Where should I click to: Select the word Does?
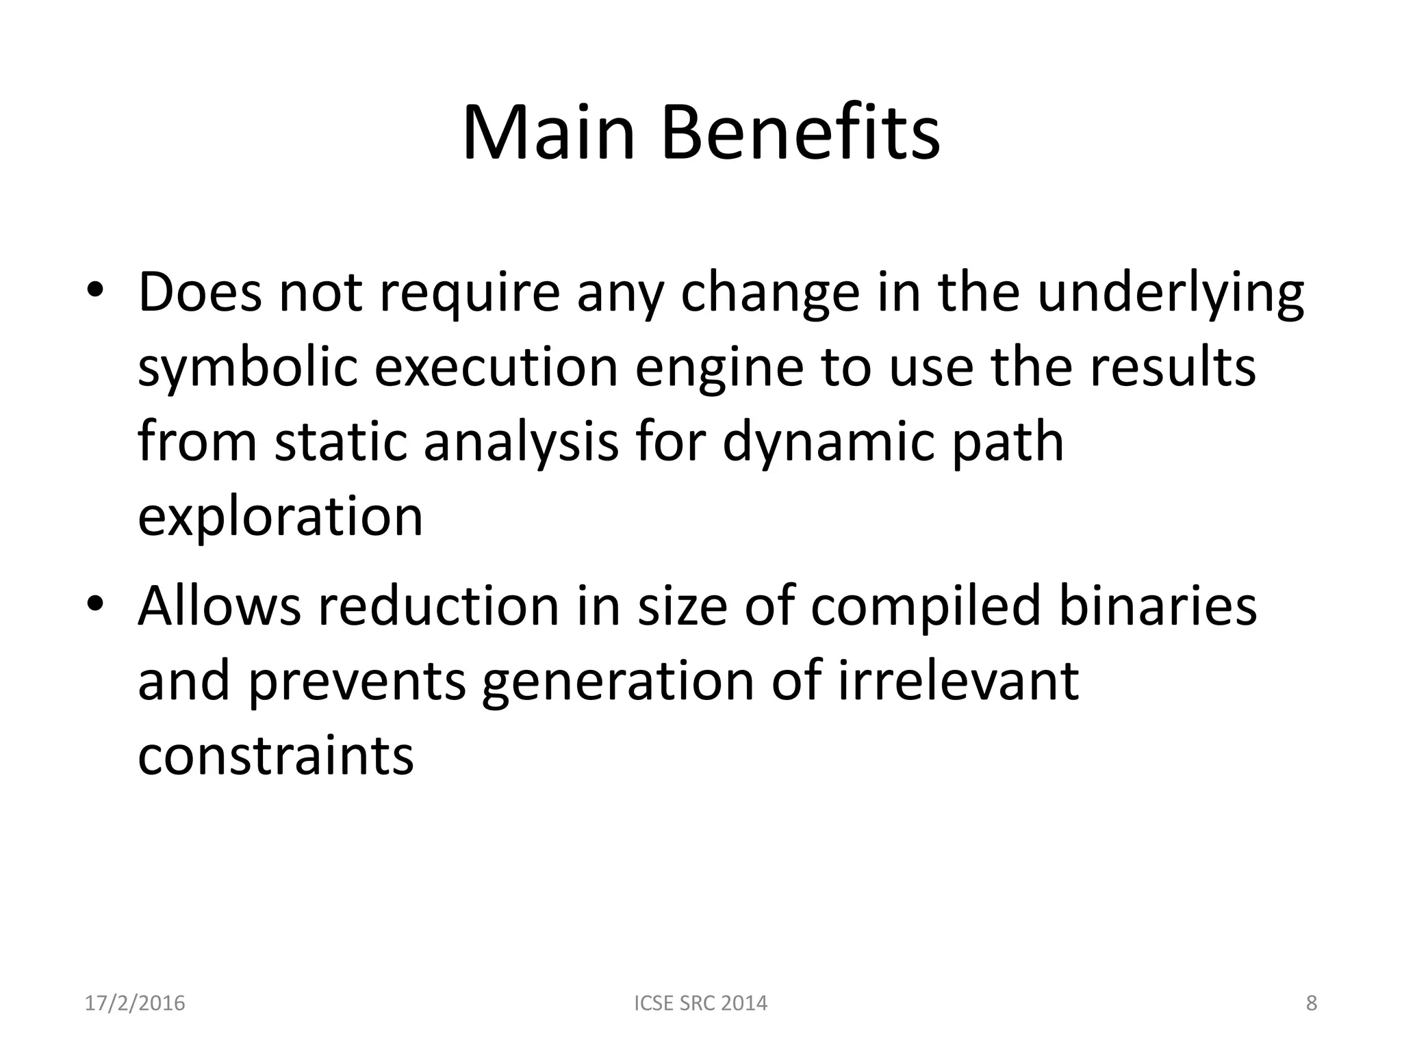click(200, 292)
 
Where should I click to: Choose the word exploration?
click(280, 517)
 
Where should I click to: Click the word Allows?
click(219, 606)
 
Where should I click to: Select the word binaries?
click(1158, 606)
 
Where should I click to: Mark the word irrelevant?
click(958, 681)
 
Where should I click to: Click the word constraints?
click(276, 755)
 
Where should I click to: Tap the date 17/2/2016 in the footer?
click(135, 1003)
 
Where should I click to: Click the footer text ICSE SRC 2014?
click(701, 1003)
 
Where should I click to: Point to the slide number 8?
click(1312, 1003)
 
